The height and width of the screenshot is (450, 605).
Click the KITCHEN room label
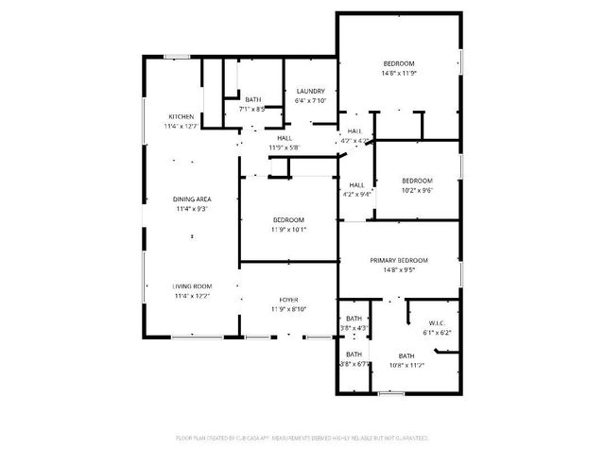pos(181,117)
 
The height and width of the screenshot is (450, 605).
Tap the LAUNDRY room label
pos(310,91)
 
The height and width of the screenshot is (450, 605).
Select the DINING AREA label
pos(191,199)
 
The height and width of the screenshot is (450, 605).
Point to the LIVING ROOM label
pos(192,286)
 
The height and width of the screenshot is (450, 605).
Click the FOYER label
pos(288,299)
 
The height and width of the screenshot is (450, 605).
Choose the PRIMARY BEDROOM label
pos(399,260)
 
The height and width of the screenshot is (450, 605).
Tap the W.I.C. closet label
pos(436,322)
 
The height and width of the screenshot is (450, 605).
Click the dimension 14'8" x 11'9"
pos(399,73)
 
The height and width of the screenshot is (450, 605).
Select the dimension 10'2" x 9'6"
pos(417,190)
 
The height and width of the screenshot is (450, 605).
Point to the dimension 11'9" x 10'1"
pos(288,230)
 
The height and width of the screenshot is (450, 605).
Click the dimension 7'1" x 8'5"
pos(253,109)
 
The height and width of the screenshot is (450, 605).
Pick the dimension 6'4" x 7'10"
pos(310,100)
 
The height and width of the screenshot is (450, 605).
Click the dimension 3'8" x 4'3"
pos(354,328)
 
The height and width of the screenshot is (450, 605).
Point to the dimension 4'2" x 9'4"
pos(356,194)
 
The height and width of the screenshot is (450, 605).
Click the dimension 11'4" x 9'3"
pos(191,209)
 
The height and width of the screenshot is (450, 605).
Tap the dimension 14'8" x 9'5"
pos(399,269)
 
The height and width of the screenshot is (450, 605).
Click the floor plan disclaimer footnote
pos(302,439)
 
